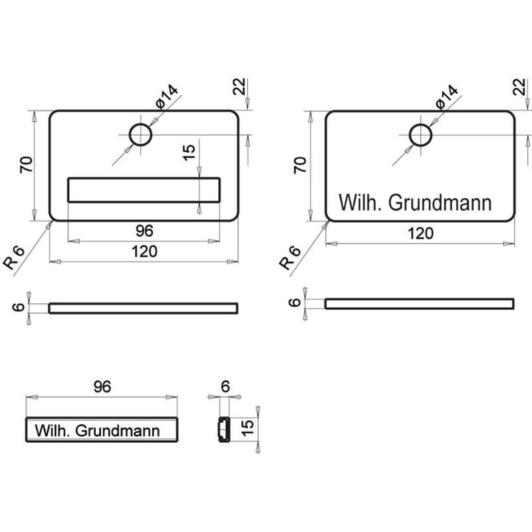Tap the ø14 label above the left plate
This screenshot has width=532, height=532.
(x=167, y=97)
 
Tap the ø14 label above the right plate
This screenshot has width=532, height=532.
(x=446, y=97)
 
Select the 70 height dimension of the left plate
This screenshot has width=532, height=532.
(x=27, y=165)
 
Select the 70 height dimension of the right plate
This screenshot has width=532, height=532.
(x=301, y=165)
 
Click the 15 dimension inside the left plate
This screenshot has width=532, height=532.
(x=189, y=152)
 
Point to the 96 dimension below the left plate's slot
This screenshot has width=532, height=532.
(x=144, y=231)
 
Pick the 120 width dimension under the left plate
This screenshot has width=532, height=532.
(x=144, y=251)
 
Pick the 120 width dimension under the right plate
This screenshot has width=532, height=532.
(x=420, y=233)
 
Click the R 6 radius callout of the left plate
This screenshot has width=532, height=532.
(x=14, y=258)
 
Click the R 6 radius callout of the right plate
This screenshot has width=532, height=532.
(x=290, y=258)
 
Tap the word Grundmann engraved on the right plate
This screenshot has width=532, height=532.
(x=440, y=203)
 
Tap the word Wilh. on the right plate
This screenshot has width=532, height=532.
(x=360, y=203)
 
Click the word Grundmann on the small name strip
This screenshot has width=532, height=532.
(x=118, y=430)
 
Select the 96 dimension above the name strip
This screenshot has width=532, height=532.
(x=102, y=386)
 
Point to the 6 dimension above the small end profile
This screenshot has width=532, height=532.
(x=225, y=386)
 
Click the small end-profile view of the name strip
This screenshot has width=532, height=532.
(x=223, y=430)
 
